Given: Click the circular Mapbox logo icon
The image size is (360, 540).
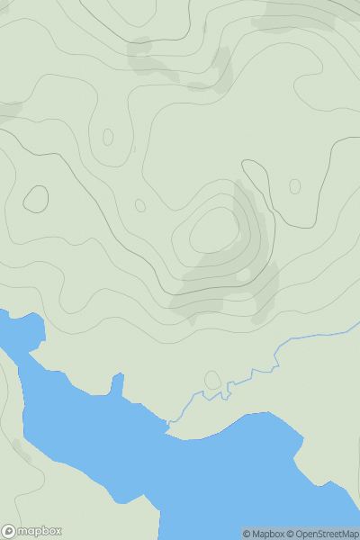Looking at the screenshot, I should (x=9, y=532).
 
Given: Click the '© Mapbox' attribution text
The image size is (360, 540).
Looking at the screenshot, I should (x=264, y=534).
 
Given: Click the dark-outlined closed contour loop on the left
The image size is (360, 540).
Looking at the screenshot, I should (x=36, y=199).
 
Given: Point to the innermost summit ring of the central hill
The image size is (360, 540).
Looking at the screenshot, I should (x=213, y=231).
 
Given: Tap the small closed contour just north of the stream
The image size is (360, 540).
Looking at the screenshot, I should (x=212, y=380).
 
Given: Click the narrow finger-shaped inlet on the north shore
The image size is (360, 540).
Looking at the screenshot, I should (x=117, y=385).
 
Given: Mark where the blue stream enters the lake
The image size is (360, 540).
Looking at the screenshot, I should (x=168, y=424).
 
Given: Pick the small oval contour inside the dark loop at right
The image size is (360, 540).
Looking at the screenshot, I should (x=294, y=186).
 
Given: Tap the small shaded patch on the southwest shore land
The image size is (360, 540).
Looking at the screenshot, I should (x=20, y=451).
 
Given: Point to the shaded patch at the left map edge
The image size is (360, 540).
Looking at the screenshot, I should (x=7, y=111).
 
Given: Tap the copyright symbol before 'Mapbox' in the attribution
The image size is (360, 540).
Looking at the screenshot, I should (x=247, y=534).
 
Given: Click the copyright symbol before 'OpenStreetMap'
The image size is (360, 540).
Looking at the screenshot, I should (x=291, y=534).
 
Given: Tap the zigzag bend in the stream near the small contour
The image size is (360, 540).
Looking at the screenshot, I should (x=236, y=385).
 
